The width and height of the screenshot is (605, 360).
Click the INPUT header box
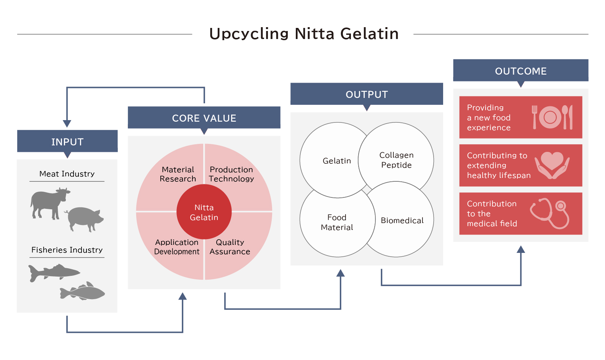[x=67, y=141]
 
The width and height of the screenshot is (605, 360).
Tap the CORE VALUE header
[x=204, y=118]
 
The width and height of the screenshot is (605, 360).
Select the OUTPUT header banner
[x=367, y=94]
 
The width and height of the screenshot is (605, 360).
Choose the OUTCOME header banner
[x=520, y=70]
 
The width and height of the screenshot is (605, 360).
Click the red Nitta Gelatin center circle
[x=204, y=212]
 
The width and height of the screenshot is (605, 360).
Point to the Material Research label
[x=178, y=174]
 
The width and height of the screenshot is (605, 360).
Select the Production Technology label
[x=231, y=174]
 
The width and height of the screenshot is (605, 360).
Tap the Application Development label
[x=177, y=247]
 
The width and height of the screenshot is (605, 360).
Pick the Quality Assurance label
[x=230, y=247]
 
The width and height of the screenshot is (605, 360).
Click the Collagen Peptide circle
[x=396, y=160]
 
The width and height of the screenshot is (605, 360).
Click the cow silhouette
[x=50, y=203]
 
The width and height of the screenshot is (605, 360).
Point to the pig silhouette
[x=84, y=219]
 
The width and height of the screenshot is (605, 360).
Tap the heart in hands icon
[x=552, y=165]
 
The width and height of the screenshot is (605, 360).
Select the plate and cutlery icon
[x=552, y=117]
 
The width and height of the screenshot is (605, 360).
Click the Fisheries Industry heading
[x=67, y=250]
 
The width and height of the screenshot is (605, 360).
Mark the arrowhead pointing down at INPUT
[x=67, y=124]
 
